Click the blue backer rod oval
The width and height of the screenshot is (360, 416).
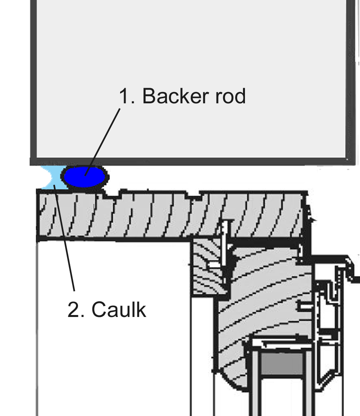click(85, 177)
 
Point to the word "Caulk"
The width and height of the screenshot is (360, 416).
click(119, 310)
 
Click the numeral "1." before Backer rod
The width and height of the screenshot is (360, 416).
click(127, 96)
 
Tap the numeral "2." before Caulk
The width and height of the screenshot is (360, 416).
click(76, 310)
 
